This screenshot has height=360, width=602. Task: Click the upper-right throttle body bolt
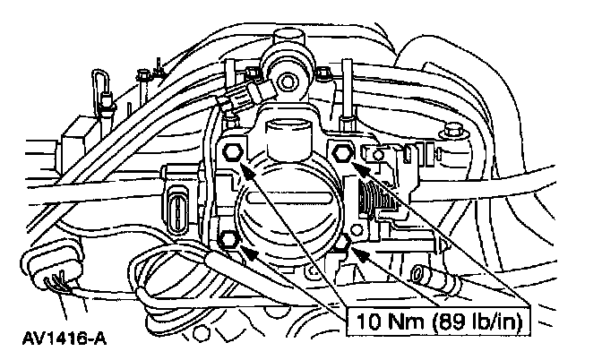(x=341, y=151)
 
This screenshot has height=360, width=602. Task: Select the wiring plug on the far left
(x=45, y=277)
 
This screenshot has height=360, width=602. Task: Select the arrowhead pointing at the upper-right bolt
(x=355, y=163)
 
